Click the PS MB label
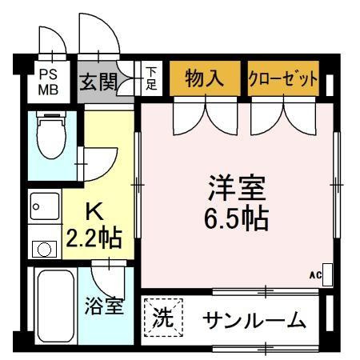48,82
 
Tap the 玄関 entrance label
98,82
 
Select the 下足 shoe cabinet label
151,78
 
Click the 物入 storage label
205,78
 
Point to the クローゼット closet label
283,78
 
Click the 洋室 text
237,188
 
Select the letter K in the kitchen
94,211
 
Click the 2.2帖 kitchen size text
94,238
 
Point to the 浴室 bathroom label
104,306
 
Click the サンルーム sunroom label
254,320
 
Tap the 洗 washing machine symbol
163,318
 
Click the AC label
315,275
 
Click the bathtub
56,306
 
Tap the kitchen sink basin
45,206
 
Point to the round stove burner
44,250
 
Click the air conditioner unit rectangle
327,275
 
